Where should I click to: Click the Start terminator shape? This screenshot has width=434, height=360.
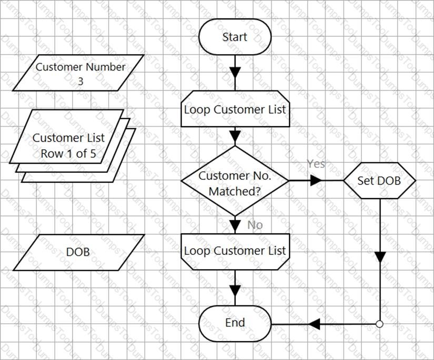coord(235,37)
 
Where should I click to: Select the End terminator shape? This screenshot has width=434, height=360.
coord(235,324)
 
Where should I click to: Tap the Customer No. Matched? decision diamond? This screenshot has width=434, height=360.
coord(235,181)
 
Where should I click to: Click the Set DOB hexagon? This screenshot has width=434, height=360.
coord(379,181)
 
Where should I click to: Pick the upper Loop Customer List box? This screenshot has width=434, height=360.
coord(235,109)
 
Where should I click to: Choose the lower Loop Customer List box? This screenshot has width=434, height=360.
coord(235,252)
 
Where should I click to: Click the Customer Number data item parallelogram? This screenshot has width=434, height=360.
coord(78,73)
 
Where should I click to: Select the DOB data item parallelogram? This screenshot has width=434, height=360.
coord(78,252)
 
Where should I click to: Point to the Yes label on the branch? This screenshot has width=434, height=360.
coord(316,164)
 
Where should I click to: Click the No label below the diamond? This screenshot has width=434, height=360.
coord(255,225)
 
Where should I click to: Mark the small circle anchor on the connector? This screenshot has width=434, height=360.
coord(380,324)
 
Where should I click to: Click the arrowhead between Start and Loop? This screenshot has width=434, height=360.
coord(235,73)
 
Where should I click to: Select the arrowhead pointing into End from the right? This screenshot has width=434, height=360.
coord(314,324)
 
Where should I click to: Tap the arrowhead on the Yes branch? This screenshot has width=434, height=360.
coord(316,181)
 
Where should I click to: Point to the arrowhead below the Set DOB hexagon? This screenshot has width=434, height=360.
coord(380,257)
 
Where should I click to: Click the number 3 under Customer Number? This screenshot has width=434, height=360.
coord(80,81)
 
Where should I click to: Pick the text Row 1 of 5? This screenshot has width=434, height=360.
coord(68,153)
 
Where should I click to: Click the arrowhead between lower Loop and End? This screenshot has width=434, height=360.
coord(235,291)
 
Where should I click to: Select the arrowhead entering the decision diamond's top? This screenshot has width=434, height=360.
coord(235,136)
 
